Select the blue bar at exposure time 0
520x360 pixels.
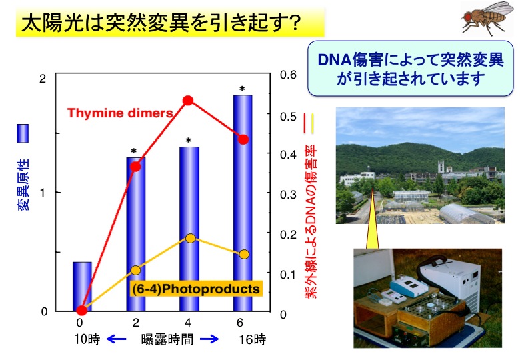coord(82,287)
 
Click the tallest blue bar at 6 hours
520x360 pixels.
coord(243,203)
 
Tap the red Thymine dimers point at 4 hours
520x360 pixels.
coord(188,101)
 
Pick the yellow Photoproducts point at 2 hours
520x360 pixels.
coord(135,270)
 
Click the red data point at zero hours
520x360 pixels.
coord(81,310)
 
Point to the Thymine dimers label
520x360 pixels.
coord(120,113)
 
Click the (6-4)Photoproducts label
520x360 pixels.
coord(195,289)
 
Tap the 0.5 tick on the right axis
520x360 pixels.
coord(288,117)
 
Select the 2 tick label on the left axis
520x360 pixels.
coord(42,79)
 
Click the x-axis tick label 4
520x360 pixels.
coord(188,323)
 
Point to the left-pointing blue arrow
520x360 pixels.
coord(116,339)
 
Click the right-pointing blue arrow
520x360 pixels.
coord(209,339)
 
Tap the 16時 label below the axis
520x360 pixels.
coord(253,339)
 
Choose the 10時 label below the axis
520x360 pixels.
coord(87,339)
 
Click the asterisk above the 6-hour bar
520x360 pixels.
coord(242,89)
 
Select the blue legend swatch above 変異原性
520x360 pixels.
coord(23,133)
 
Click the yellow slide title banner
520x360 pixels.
coord(170,22)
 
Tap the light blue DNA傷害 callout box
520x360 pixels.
coord(410,69)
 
